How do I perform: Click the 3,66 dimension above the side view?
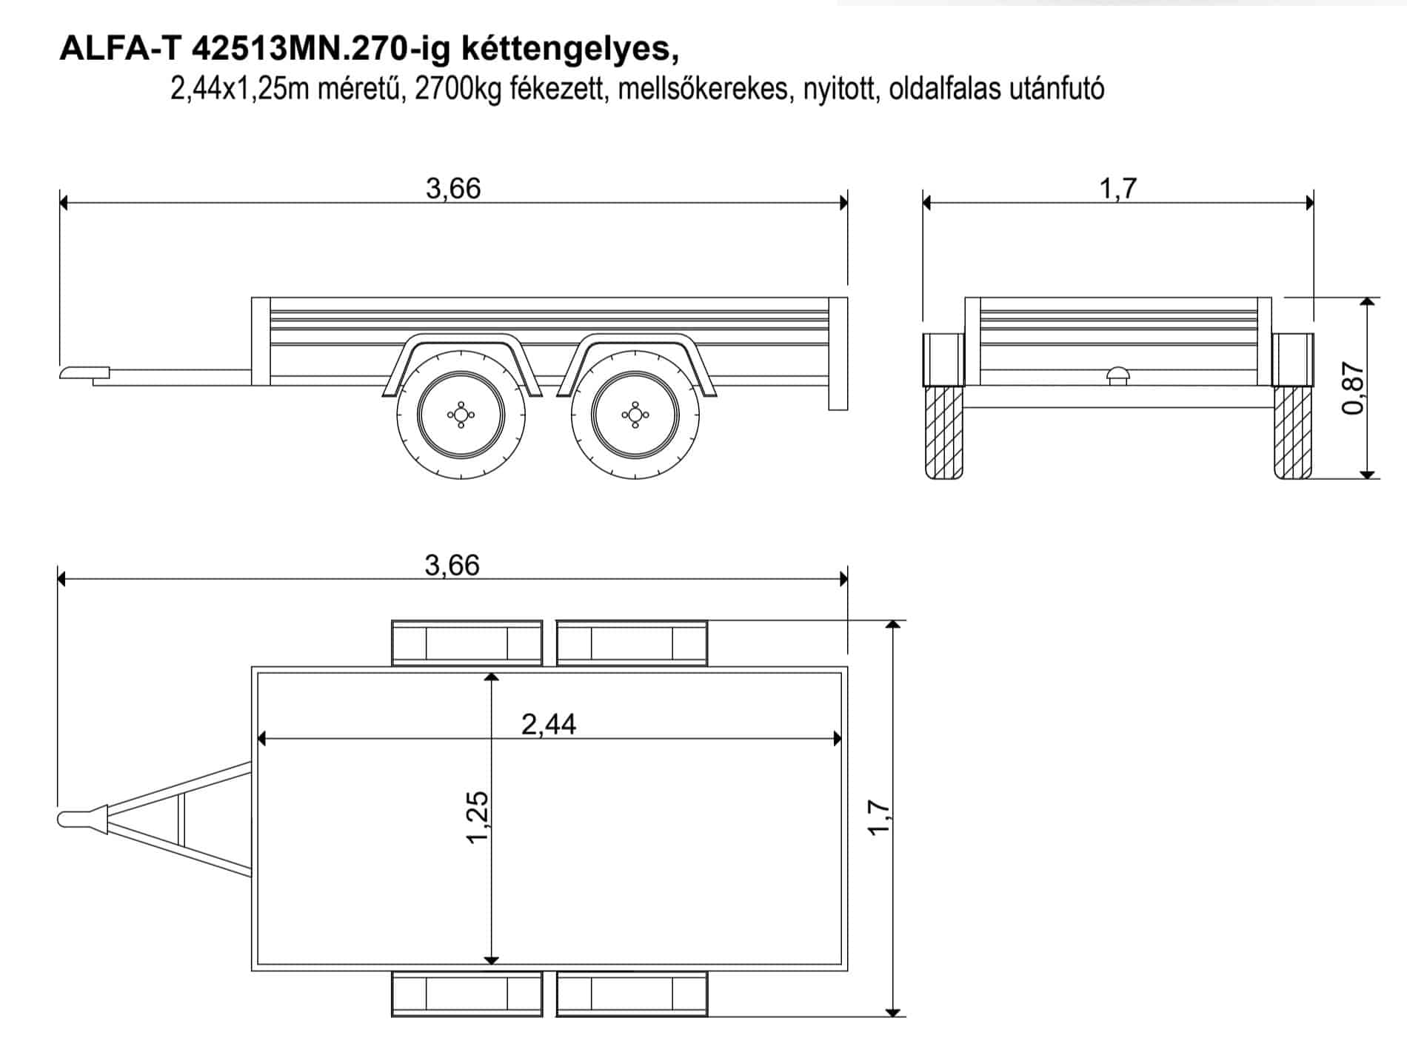[x=453, y=189]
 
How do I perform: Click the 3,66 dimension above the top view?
[x=452, y=566]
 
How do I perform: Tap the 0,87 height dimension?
[x=1352, y=388]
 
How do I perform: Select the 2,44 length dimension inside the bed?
[x=549, y=724]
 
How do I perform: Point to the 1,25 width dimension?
[x=478, y=817]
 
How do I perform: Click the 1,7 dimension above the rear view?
[x=1117, y=189]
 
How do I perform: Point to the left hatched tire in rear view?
[x=943, y=432]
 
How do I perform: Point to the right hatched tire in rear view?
[x=1293, y=432]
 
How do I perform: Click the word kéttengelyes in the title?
[x=569, y=50]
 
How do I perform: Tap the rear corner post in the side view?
[x=838, y=353]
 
